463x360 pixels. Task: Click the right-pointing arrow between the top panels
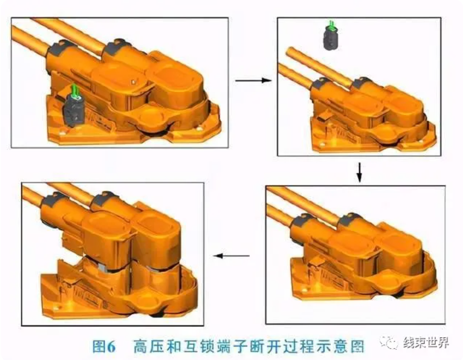(x=254, y=80)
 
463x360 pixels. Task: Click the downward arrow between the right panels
(x=359, y=172)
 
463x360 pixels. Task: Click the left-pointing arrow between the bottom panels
(x=231, y=256)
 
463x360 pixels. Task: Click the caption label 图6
(x=103, y=346)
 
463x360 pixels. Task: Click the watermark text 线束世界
(x=426, y=343)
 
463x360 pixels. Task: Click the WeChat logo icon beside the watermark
(x=389, y=343)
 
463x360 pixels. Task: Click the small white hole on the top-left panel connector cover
(x=134, y=81)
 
